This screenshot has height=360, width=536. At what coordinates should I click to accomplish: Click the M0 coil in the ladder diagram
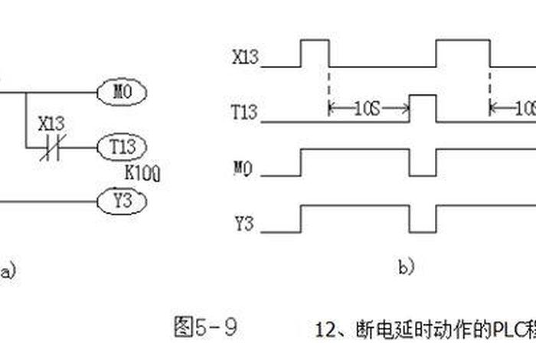123,93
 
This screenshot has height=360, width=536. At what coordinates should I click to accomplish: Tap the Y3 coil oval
123,201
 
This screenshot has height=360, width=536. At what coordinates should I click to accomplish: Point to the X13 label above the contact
52,123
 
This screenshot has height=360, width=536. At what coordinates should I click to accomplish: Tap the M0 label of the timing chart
243,167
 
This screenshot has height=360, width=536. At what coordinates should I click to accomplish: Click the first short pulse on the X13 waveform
315,54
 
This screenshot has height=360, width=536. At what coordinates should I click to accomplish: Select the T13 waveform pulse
423,108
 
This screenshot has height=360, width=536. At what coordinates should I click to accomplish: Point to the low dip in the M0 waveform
423,164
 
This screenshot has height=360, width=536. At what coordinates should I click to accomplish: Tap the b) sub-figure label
406,267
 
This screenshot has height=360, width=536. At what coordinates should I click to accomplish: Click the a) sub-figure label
7,270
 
